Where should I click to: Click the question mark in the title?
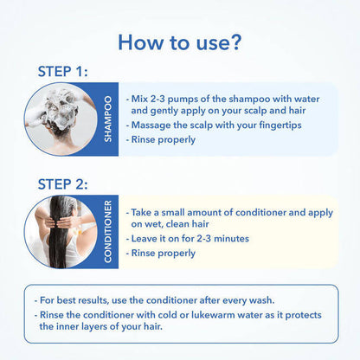coord(235,42)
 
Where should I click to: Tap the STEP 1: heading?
coord(62,72)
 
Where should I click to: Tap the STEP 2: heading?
coord(62,184)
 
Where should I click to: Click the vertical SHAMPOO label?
coord(107,119)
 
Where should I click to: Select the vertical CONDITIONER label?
coord(107,232)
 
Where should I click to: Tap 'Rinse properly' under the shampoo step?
coord(164,140)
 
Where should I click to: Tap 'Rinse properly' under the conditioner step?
coord(164,254)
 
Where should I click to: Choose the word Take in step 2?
coord(141,213)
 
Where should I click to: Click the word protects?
coord(303,315)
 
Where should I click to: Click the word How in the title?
coord(140,42)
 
